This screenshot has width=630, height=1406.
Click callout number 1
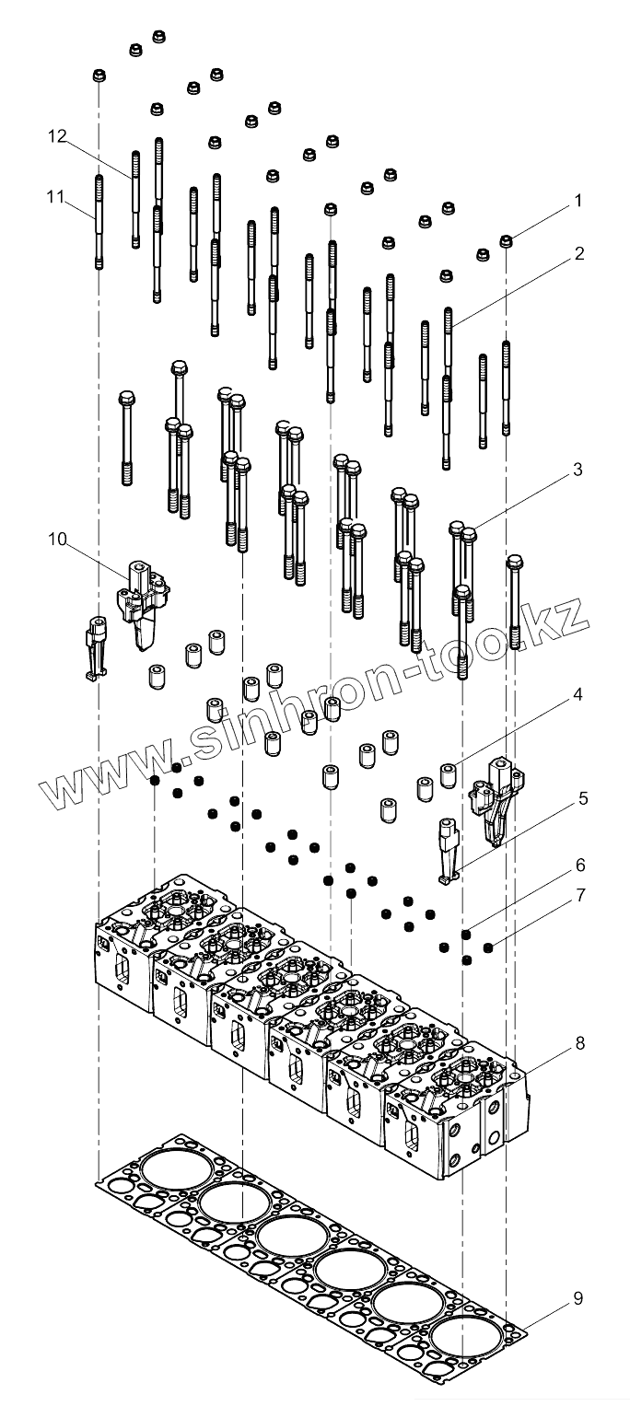(x=577, y=199)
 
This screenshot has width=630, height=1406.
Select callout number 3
(x=577, y=470)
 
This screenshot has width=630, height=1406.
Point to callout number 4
(x=577, y=697)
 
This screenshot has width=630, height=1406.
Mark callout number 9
(x=577, y=1298)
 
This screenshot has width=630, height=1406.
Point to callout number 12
(x=58, y=136)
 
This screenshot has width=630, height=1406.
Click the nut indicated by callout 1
(x=506, y=241)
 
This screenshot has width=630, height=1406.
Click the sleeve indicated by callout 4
(x=449, y=774)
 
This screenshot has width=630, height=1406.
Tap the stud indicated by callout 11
(x=99, y=221)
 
